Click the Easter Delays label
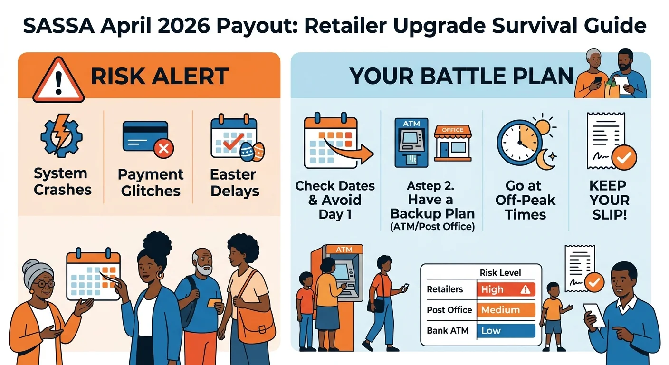pyautogui.click(x=235, y=183)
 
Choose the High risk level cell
pyautogui.click(x=506, y=289)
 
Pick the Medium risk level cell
pyautogui.click(x=506, y=310)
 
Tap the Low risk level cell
pyautogui.click(x=506, y=331)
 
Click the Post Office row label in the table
pyautogui.click(x=449, y=310)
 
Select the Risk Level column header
pyautogui.click(x=500, y=272)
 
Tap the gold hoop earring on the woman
pyautogui.click(x=159, y=275)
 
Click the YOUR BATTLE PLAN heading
pyautogui.click(x=461, y=77)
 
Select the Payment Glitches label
pyautogui.click(x=151, y=183)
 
